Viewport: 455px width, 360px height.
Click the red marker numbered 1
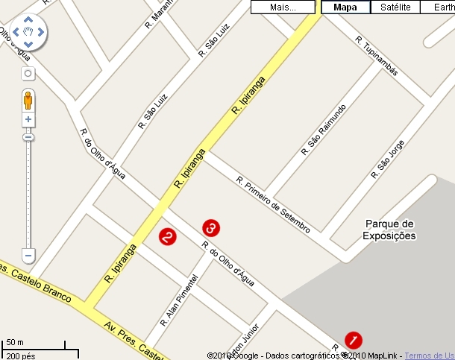point(354,339)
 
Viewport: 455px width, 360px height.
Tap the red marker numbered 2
point(168,236)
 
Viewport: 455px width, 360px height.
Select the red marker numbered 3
point(211,226)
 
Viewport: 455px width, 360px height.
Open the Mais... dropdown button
point(283,7)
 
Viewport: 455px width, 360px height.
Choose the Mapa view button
point(345,7)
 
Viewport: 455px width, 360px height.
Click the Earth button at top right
point(439,7)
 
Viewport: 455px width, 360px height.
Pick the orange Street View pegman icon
point(28,100)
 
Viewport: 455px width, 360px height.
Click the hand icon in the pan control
point(28,31)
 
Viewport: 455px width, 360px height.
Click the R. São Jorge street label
point(391,158)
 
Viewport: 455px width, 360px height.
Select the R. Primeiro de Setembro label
point(272,204)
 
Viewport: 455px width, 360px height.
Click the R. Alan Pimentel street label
point(179,300)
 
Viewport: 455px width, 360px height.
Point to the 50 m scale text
point(15,343)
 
